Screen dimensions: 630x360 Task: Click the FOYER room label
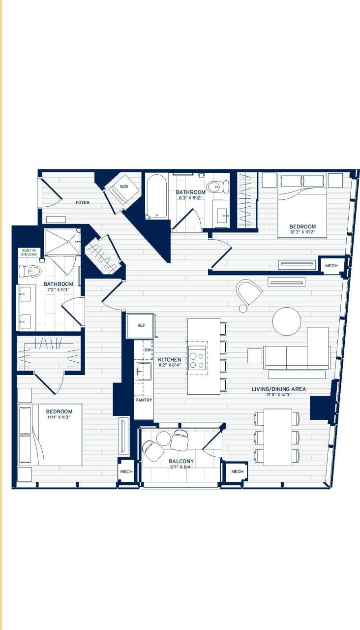(x=82, y=202)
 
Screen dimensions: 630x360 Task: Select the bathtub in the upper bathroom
(x=157, y=196)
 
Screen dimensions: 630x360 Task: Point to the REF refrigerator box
(x=141, y=325)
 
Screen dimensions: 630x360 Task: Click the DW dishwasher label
(x=148, y=349)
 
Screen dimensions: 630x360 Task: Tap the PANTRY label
(x=144, y=400)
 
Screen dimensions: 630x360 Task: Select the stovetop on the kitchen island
(x=197, y=358)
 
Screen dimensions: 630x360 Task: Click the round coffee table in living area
(x=287, y=321)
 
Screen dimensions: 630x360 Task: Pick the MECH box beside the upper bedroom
(x=331, y=266)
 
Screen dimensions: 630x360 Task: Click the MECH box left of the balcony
(x=126, y=472)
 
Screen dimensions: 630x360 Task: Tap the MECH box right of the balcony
(x=237, y=472)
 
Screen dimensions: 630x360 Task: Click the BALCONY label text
(x=181, y=461)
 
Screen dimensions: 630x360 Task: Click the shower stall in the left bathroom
(x=61, y=242)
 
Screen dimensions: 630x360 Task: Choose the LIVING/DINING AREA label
(x=278, y=389)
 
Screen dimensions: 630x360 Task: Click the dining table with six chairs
(x=277, y=437)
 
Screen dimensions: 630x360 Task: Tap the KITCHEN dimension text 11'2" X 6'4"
(x=169, y=366)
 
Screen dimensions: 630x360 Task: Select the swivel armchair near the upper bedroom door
(x=248, y=292)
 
